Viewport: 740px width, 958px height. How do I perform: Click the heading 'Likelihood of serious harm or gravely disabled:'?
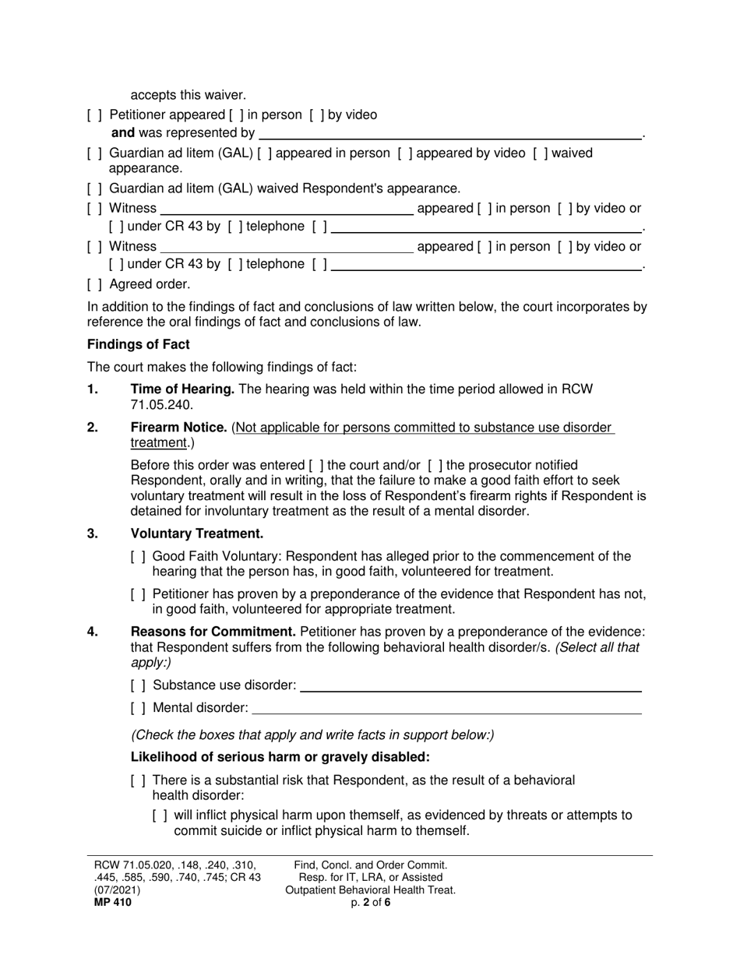pos(280,757)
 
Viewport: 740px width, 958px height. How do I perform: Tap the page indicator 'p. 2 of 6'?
pos(371,903)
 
